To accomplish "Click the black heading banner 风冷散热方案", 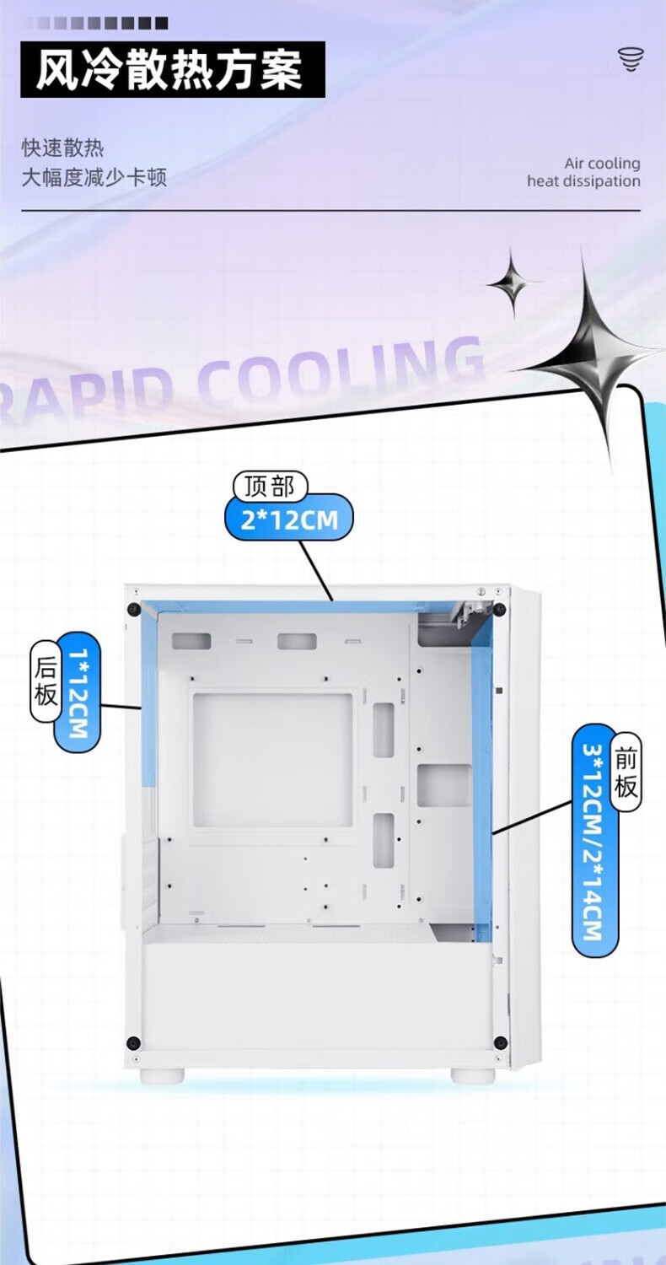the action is coord(173,69).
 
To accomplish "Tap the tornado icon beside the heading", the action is coord(631,60).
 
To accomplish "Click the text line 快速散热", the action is coord(62,148).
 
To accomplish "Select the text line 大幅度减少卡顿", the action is coord(94,177).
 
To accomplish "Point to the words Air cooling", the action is coord(602,163).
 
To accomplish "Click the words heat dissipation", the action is coord(583,180).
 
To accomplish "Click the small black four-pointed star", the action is coord(513,283).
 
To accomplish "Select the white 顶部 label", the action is coord(270,487).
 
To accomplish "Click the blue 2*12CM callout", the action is coord(288,519).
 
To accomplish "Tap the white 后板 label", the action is coord(46,681).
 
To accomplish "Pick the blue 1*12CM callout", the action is coord(78,692).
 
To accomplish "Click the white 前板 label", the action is coord(626,772).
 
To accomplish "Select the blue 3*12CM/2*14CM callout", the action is coord(595,840).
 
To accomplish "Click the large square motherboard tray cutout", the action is coord(272,760).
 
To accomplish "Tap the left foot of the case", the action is coord(162,1075).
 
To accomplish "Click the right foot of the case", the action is coord(473,1075).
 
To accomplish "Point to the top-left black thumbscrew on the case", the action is coord(133,610).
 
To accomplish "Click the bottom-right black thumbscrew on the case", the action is coord(500,1042).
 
